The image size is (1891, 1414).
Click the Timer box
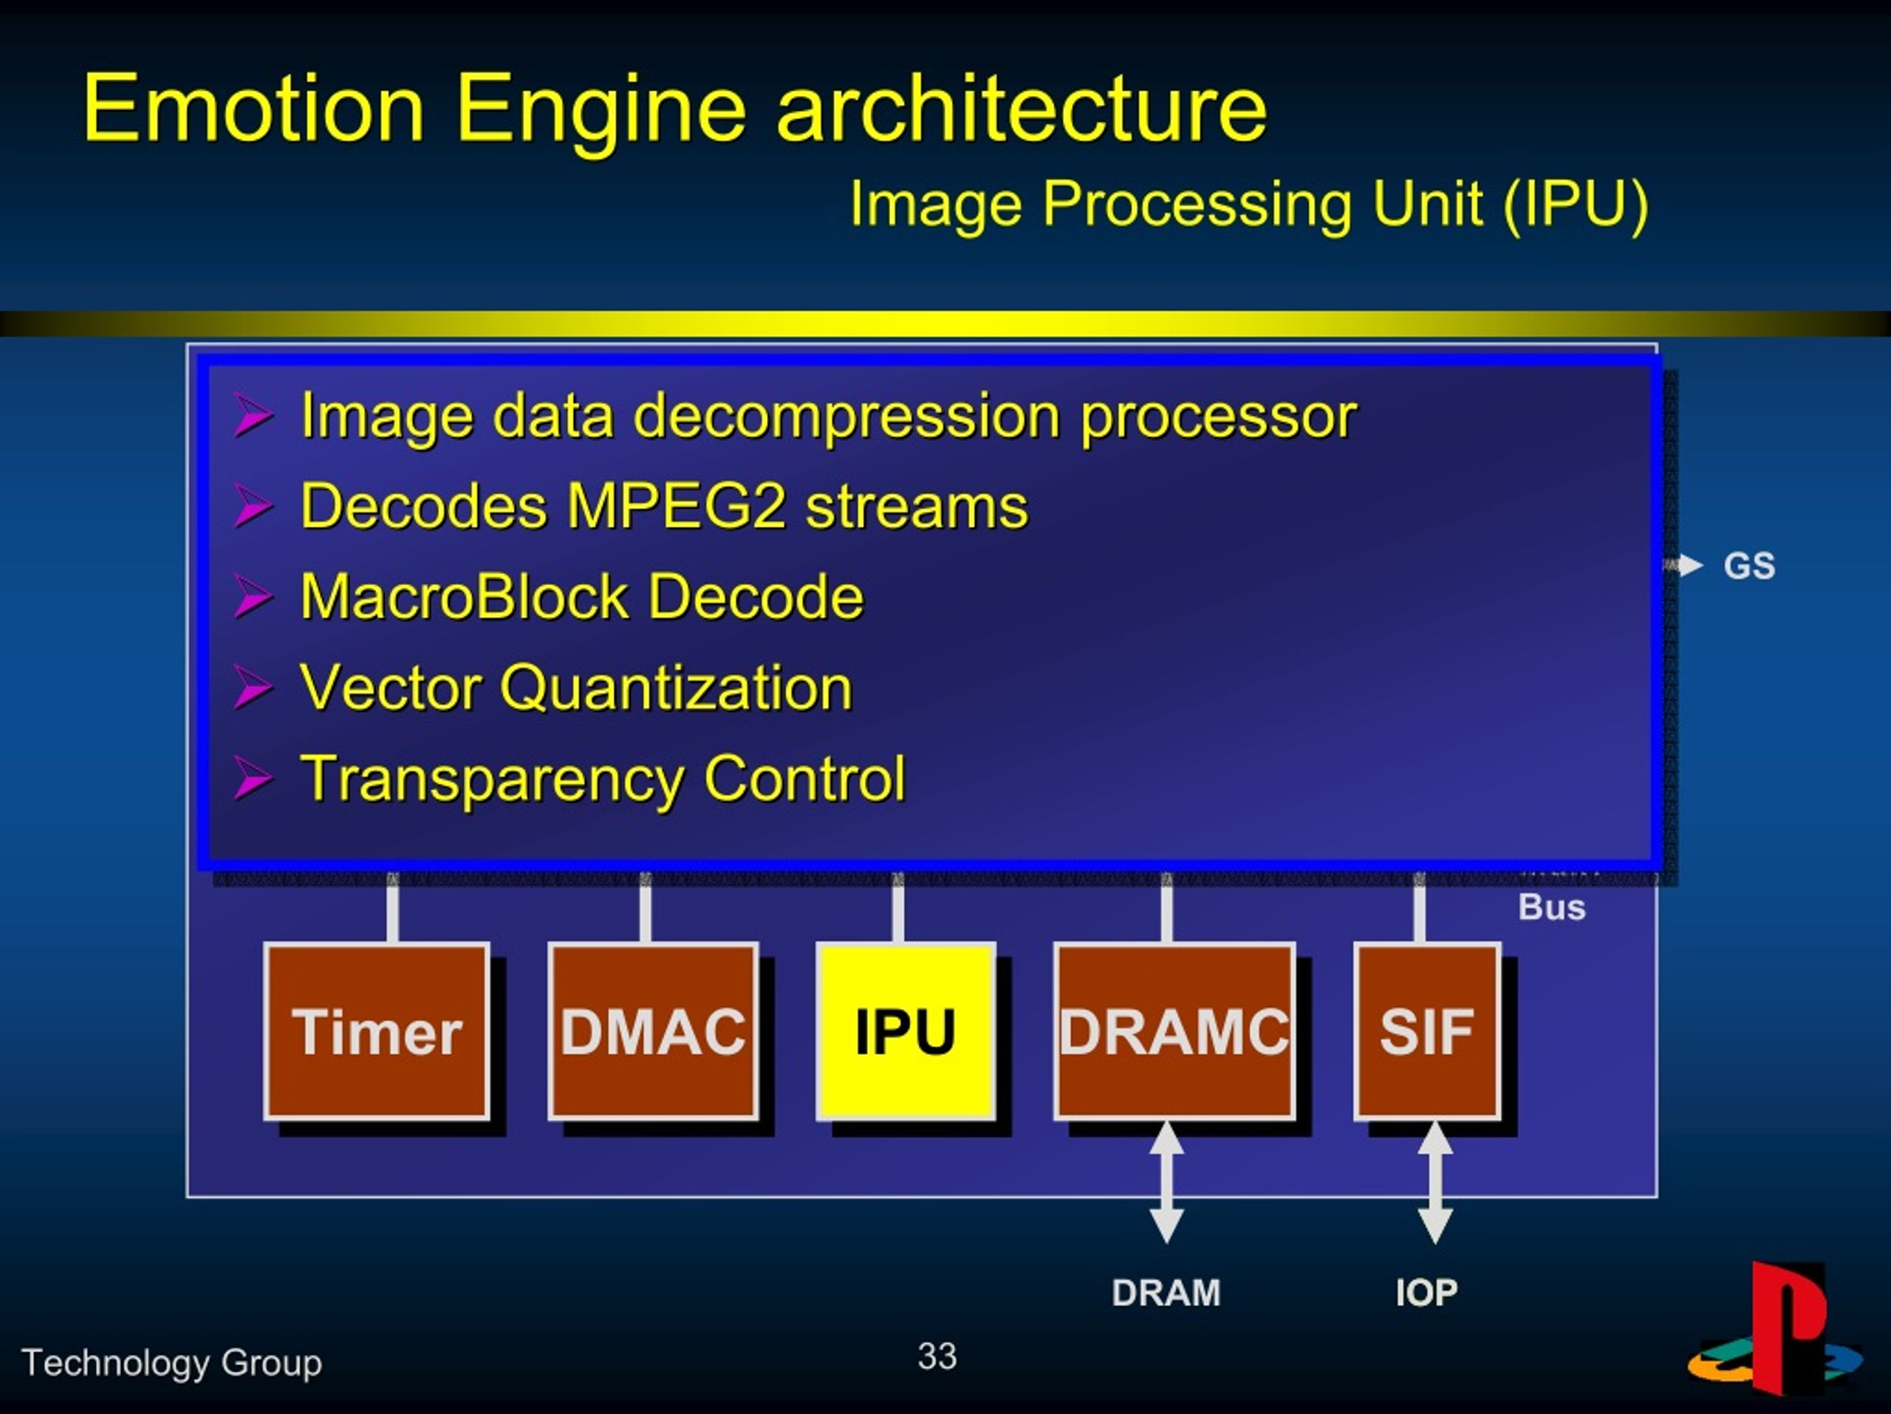(x=377, y=1031)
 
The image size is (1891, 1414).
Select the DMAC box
(x=653, y=1031)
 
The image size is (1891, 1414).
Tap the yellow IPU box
(x=906, y=1031)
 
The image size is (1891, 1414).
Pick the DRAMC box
(x=1174, y=1031)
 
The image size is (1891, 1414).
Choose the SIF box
(x=1428, y=1031)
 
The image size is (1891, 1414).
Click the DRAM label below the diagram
(x=1166, y=1293)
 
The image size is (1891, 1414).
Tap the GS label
(x=1749, y=566)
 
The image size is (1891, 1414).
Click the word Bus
(x=1552, y=907)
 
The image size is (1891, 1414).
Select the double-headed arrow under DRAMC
(x=1167, y=1182)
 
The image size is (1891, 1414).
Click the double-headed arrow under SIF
(x=1435, y=1182)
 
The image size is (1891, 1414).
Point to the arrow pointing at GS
(x=1683, y=565)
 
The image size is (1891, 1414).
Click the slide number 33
(x=937, y=1356)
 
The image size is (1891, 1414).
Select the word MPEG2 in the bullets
(x=676, y=505)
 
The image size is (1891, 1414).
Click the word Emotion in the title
(x=254, y=108)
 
